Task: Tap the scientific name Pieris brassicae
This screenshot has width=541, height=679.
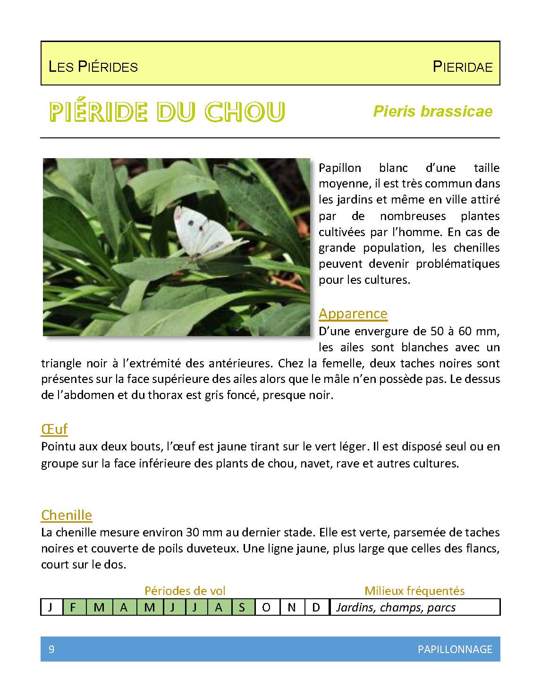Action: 432,111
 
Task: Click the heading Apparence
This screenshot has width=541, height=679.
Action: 353,314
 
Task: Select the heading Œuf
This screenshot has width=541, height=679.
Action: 54,429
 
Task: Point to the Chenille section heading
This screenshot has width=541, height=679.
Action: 67,515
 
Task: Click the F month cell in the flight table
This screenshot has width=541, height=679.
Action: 73,607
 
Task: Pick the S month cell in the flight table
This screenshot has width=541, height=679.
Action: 242,607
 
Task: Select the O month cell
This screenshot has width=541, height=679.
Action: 267,607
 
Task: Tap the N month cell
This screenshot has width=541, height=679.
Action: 292,607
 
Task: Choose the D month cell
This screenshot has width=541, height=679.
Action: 316,607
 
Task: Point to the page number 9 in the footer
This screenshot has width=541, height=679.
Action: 51,649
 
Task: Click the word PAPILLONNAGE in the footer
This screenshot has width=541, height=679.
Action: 455,649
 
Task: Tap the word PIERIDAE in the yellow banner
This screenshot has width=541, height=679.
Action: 462,67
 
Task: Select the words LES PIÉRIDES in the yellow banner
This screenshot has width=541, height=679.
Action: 93,67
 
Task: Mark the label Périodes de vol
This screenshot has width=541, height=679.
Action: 185,591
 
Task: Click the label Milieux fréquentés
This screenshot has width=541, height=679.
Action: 414,591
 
